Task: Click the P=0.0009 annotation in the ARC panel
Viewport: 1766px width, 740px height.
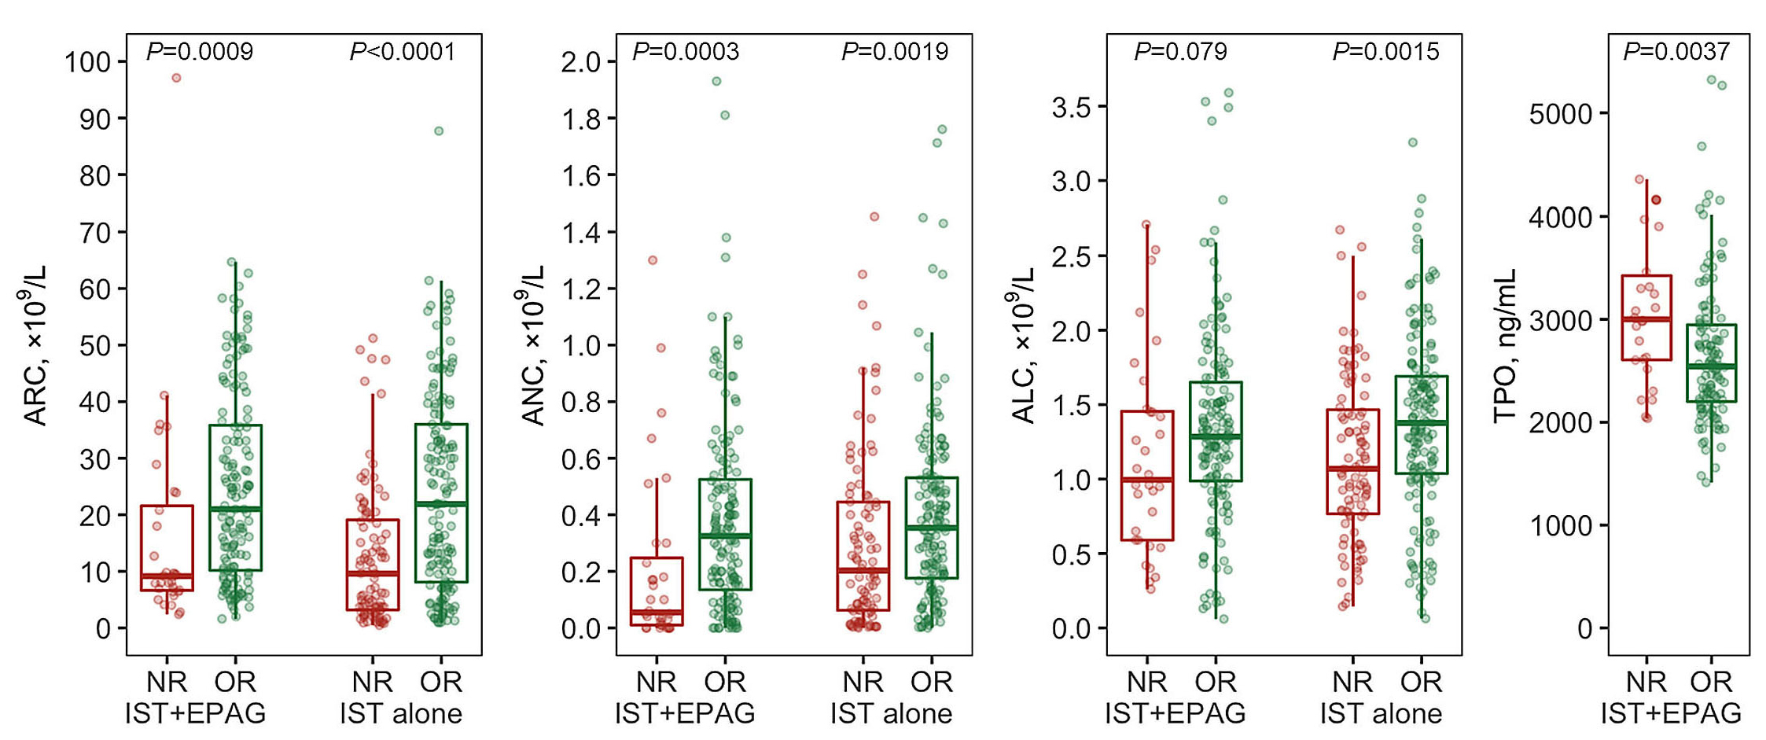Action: tap(200, 52)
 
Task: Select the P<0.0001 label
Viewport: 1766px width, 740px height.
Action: tap(403, 52)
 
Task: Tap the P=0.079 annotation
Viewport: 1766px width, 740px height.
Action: tap(1180, 52)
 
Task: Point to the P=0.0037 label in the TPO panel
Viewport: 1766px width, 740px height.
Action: tap(1676, 52)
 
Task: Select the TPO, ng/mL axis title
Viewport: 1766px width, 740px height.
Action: tap(1504, 346)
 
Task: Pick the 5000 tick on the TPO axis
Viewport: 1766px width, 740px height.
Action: tap(1560, 114)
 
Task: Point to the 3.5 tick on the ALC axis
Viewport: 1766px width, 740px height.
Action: tap(1072, 107)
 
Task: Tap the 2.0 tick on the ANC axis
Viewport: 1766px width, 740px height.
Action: tap(580, 62)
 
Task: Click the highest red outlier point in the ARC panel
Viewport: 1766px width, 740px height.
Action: tap(177, 78)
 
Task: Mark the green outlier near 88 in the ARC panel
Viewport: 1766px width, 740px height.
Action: tap(439, 131)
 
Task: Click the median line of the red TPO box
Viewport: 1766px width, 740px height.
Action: tap(1646, 319)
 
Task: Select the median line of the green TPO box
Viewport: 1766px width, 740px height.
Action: tap(1711, 366)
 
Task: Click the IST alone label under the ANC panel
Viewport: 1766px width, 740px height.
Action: tap(891, 714)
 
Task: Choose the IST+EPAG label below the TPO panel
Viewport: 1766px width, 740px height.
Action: tap(1671, 714)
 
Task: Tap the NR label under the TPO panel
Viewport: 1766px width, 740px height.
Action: tap(1646, 682)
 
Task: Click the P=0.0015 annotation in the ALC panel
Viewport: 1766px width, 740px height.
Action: tap(1385, 52)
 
